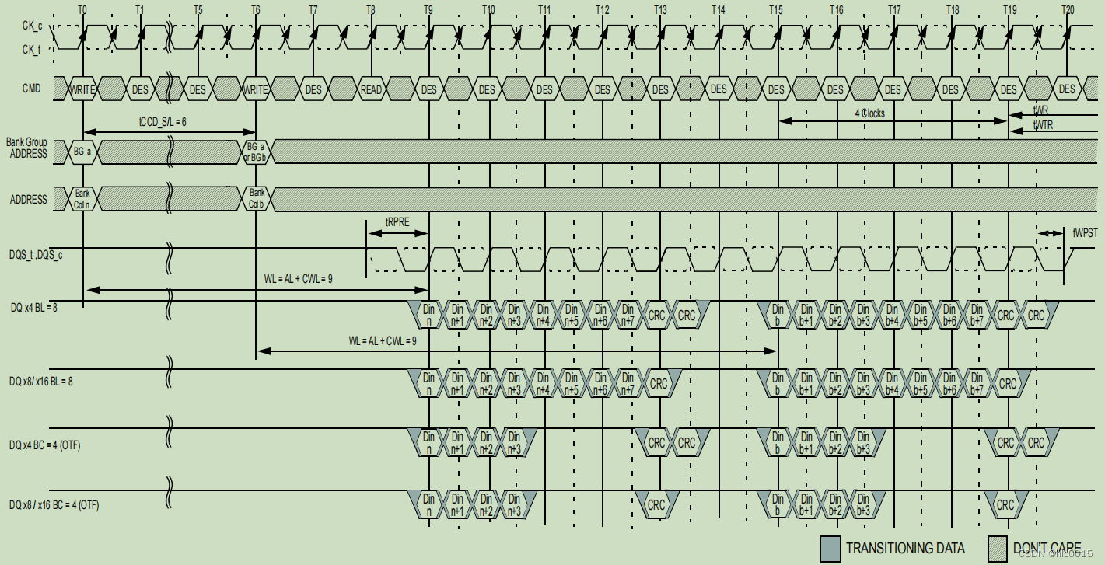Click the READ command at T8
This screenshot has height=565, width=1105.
coord(371,89)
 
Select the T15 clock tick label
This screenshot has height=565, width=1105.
coord(775,9)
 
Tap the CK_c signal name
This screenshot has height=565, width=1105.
coord(32,26)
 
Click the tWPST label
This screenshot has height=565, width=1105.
coord(1084,232)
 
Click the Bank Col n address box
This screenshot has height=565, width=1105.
coord(82,200)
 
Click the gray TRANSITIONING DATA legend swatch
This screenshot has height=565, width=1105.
coord(830,547)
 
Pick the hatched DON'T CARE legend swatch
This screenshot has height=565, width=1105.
coord(998,547)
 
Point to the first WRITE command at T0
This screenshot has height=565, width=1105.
coord(82,89)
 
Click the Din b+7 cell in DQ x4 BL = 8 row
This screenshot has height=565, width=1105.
coord(977,315)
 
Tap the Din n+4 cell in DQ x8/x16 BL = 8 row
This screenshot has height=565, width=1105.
coord(543,383)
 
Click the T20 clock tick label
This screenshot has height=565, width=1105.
coord(1067,9)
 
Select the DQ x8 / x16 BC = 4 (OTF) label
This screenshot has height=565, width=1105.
coord(54,506)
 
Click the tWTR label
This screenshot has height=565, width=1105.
coord(1043,125)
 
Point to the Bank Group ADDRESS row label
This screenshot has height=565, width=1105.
coord(28,148)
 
